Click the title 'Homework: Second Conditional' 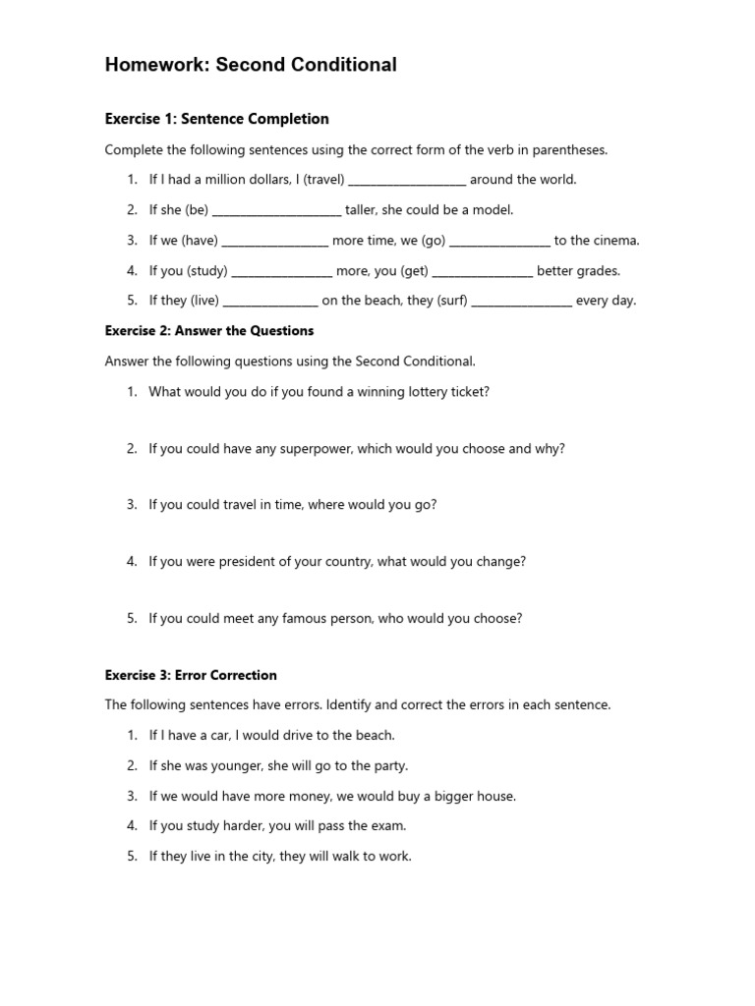pos(251,66)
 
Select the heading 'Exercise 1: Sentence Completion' pos(216,119)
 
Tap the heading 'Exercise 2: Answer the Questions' pos(208,331)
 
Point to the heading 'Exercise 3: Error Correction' pos(191,675)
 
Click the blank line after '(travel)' pos(407,181)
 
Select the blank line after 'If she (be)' pos(276,211)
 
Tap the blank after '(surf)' pos(522,302)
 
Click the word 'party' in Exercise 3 pos(390,765)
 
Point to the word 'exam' pos(388,826)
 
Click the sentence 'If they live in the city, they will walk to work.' pos(279,857)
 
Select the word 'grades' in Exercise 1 pos(599,271)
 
